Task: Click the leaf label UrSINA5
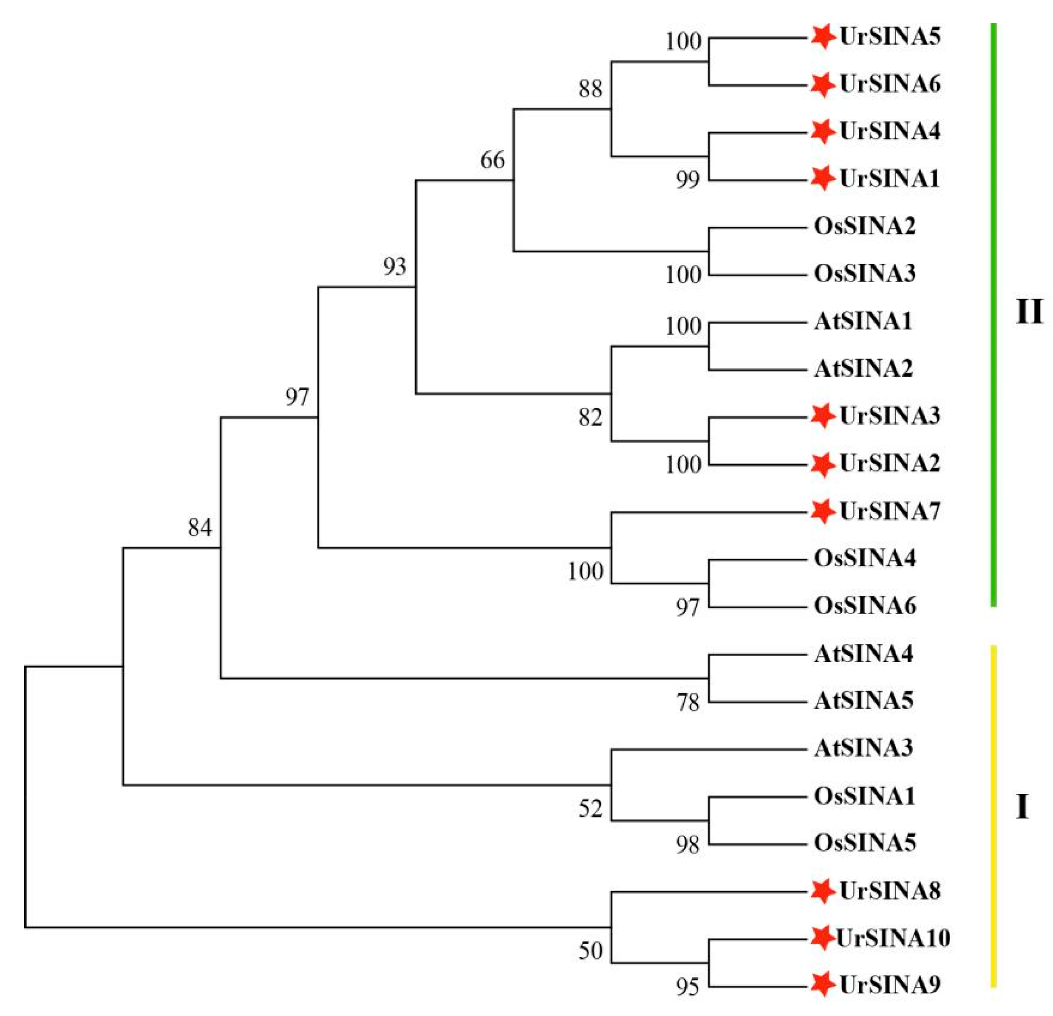coord(890,36)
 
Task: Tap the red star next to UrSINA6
coord(822,84)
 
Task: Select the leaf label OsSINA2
coord(864,226)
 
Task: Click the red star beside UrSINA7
coord(822,511)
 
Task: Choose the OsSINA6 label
coord(864,605)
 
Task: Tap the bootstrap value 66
coord(493,160)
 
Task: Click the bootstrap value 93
coord(395,266)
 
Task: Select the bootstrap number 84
coord(200,528)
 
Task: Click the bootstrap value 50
coord(590,950)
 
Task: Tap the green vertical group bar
coord(993,314)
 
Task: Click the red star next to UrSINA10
coord(821,938)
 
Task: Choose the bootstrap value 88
coord(590,88)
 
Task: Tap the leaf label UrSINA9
coord(890,984)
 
